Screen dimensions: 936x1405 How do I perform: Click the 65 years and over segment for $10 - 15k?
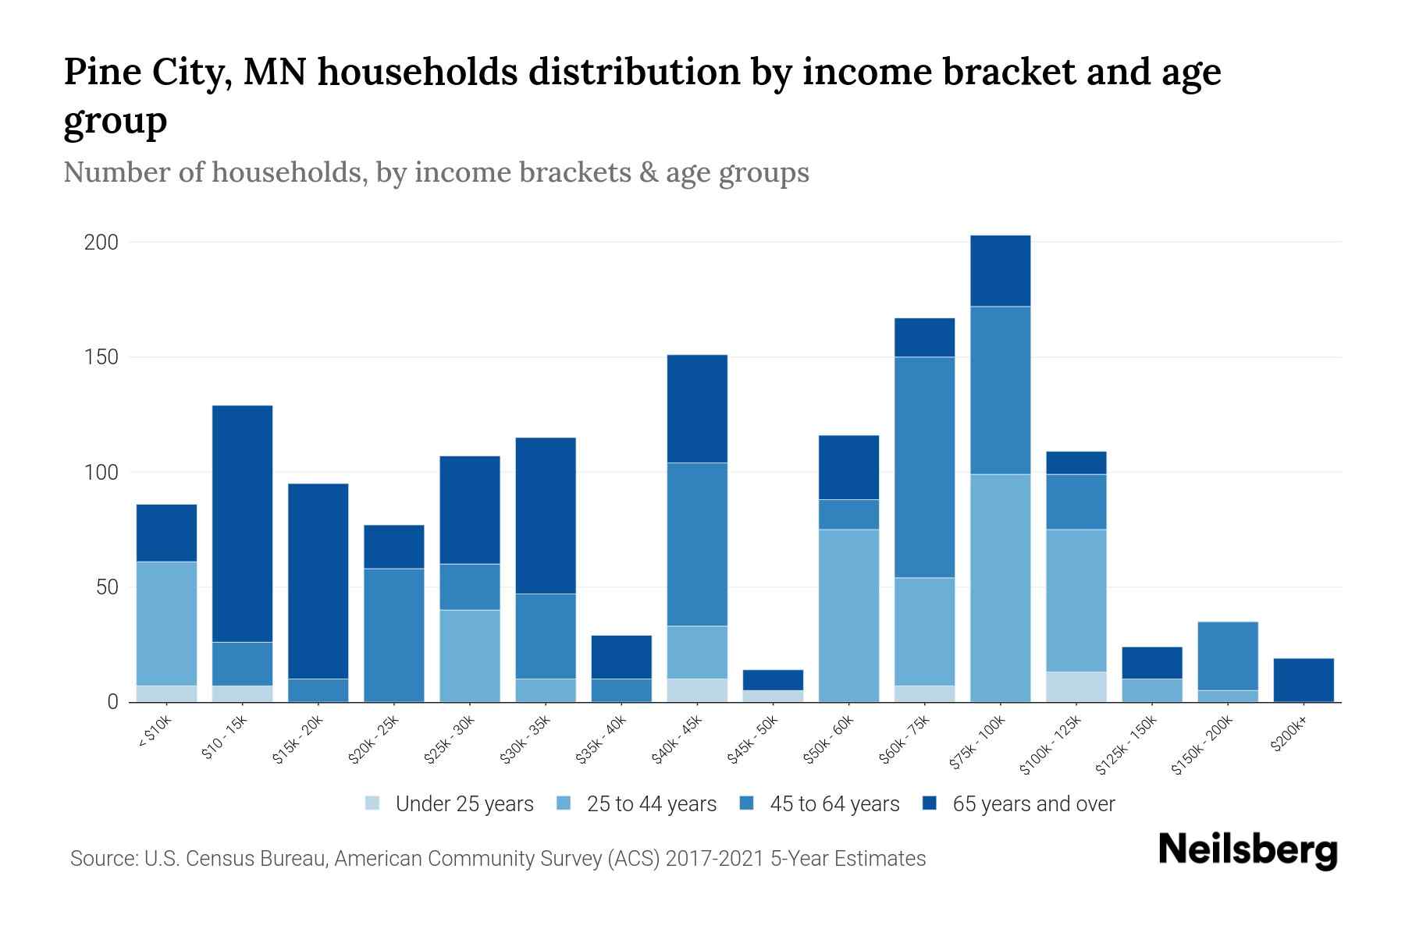tap(242, 523)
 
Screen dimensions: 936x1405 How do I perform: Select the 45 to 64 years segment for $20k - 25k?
tap(394, 635)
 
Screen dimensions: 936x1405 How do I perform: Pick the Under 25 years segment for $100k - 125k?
tap(1076, 686)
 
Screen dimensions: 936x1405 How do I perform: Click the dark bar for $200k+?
tap(1304, 680)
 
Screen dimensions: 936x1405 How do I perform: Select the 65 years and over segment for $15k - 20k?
tap(318, 581)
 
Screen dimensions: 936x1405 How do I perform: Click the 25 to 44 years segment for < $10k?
tap(166, 623)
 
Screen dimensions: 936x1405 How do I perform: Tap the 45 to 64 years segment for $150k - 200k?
tap(1228, 655)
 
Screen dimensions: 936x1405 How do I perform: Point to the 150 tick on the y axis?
tap(101, 357)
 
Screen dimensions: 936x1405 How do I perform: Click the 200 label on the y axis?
tap(101, 243)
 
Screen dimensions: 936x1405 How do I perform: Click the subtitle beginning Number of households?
tap(436, 172)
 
